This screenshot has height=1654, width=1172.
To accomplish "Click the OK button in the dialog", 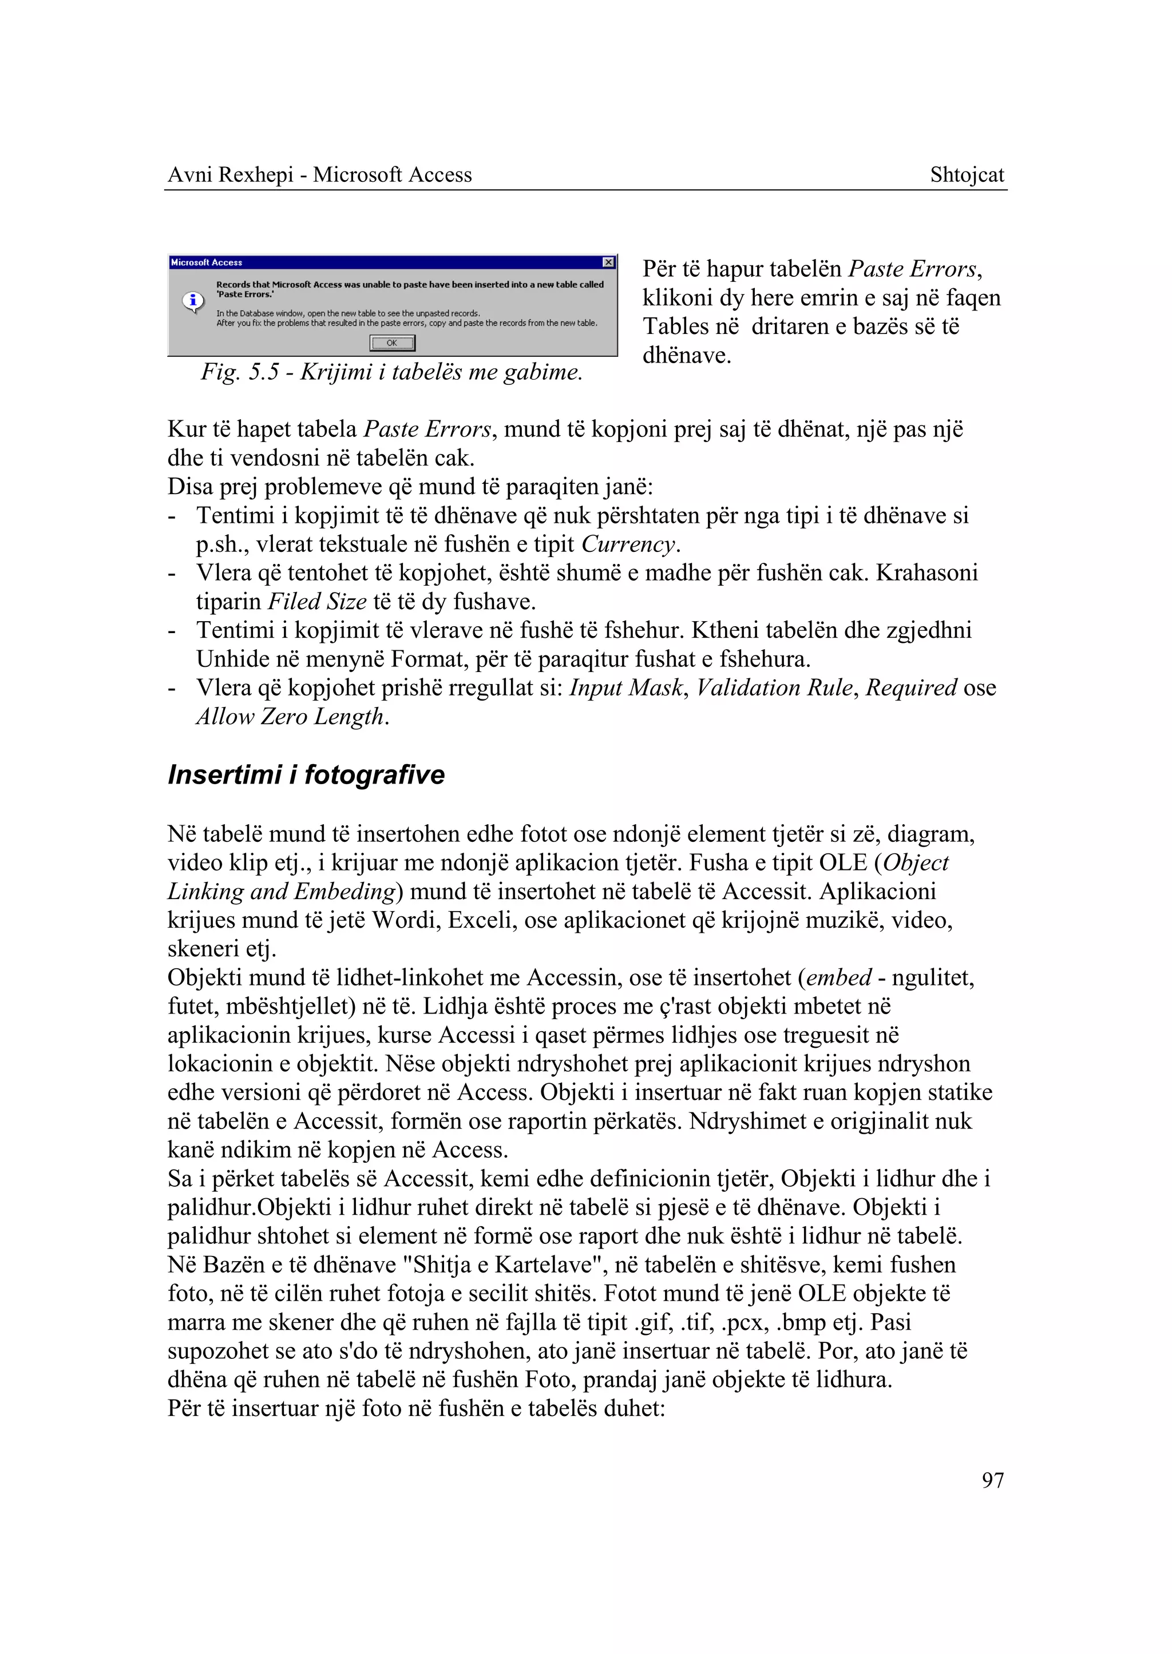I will [392, 343].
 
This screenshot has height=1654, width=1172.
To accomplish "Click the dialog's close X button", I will [608, 262].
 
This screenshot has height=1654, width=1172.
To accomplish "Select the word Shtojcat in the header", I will [967, 174].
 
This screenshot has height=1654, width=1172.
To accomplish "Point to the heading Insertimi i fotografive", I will [306, 775].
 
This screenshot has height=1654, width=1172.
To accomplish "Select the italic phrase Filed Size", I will [317, 602].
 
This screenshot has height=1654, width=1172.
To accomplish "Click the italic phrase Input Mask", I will [625, 687].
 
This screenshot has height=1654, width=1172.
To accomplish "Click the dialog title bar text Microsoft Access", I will [207, 262].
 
